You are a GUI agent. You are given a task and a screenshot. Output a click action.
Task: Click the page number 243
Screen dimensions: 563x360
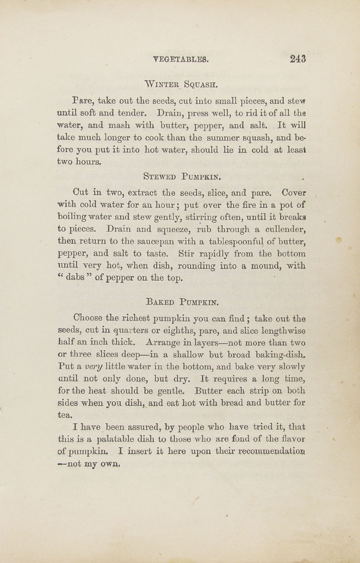tap(298, 59)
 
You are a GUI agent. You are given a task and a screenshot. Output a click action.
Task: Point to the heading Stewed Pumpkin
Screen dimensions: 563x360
tap(182, 177)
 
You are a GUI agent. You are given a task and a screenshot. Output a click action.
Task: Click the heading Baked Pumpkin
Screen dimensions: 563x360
tap(183, 302)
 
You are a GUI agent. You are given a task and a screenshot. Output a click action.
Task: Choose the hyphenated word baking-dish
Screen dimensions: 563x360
tap(280, 355)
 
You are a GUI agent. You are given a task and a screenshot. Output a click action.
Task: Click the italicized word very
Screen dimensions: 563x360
tap(94, 367)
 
